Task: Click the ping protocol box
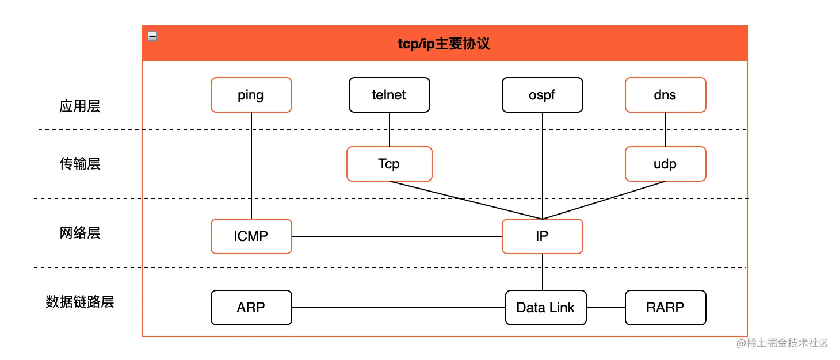[x=251, y=95]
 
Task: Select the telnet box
[x=389, y=95]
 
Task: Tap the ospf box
[x=542, y=95]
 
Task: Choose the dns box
[x=665, y=95]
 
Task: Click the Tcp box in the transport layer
[x=389, y=164]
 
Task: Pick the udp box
[x=665, y=164]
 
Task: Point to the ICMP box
[x=251, y=236]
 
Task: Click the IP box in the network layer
[x=542, y=236]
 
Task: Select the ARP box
[x=251, y=308]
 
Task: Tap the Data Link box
[x=545, y=308]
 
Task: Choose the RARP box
[x=665, y=308]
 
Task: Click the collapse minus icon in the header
[x=152, y=36]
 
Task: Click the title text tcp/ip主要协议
[x=444, y=44]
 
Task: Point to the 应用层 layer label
[x=80, y=106]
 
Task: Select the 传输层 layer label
[x=80, y=164]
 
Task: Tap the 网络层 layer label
[x=80, y=233]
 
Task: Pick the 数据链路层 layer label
[x=80, y=302]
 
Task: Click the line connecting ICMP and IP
[x=397, y=236]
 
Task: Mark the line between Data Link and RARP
[x=606, y=308]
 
